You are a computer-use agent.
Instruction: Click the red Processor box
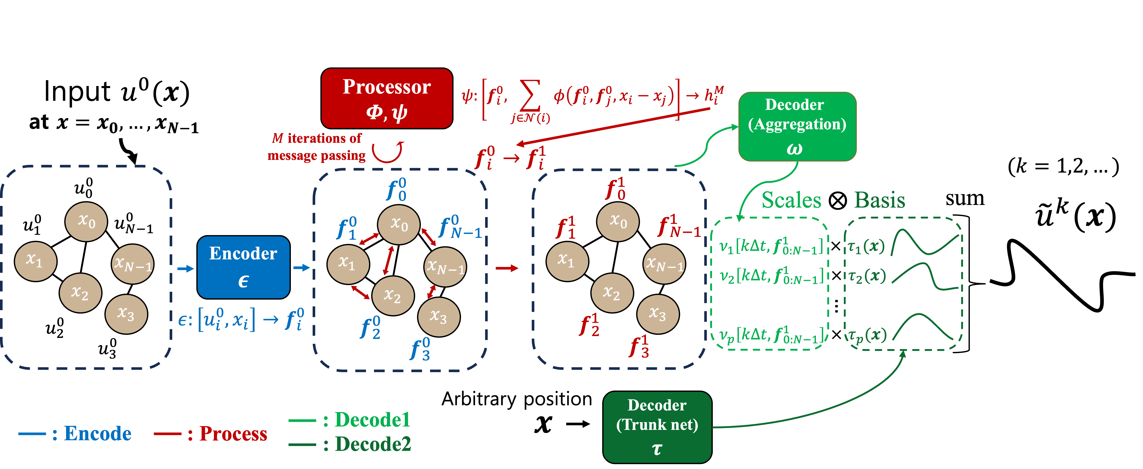click(x=386, y=98)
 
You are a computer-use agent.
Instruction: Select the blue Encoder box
click(x=243, y=267)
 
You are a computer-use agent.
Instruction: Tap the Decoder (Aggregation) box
click(x=797, y=126)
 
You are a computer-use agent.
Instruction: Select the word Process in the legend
click(x=233, y=434)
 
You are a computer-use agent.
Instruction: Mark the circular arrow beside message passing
click(x=387, y=152)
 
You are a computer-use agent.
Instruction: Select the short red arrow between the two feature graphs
click(x=507, y=268)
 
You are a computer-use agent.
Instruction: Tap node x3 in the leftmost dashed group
click(x=126, y=314)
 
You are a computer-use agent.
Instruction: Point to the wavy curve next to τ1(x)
click(x=925, y=243)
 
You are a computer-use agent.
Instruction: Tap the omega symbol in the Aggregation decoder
click(x=794, y=148)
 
